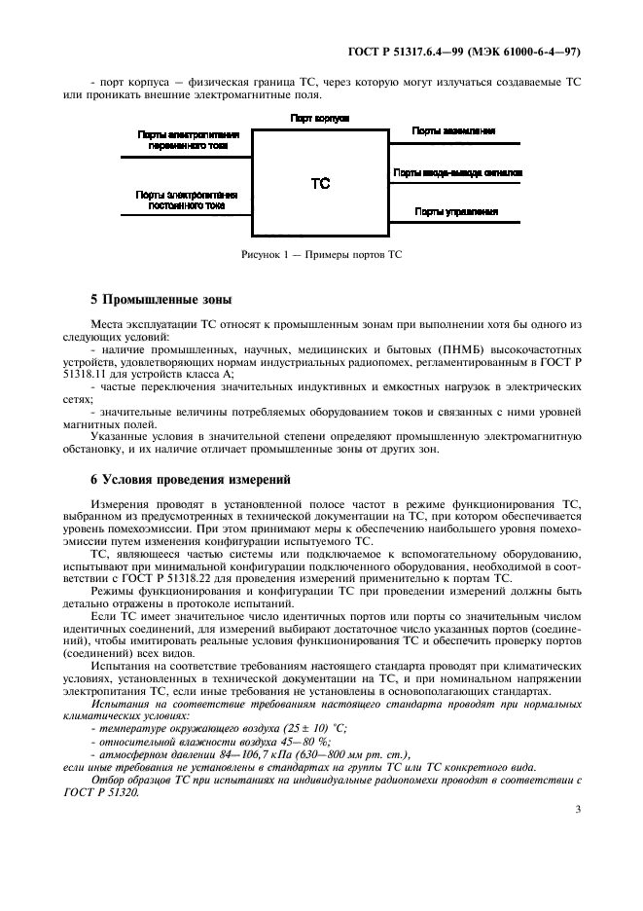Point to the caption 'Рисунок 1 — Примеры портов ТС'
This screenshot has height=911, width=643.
[321, 254]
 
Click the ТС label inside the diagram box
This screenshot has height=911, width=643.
[320, 183]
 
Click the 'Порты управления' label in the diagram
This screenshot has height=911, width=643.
[456, 211]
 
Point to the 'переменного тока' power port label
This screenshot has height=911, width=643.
[188, 147]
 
